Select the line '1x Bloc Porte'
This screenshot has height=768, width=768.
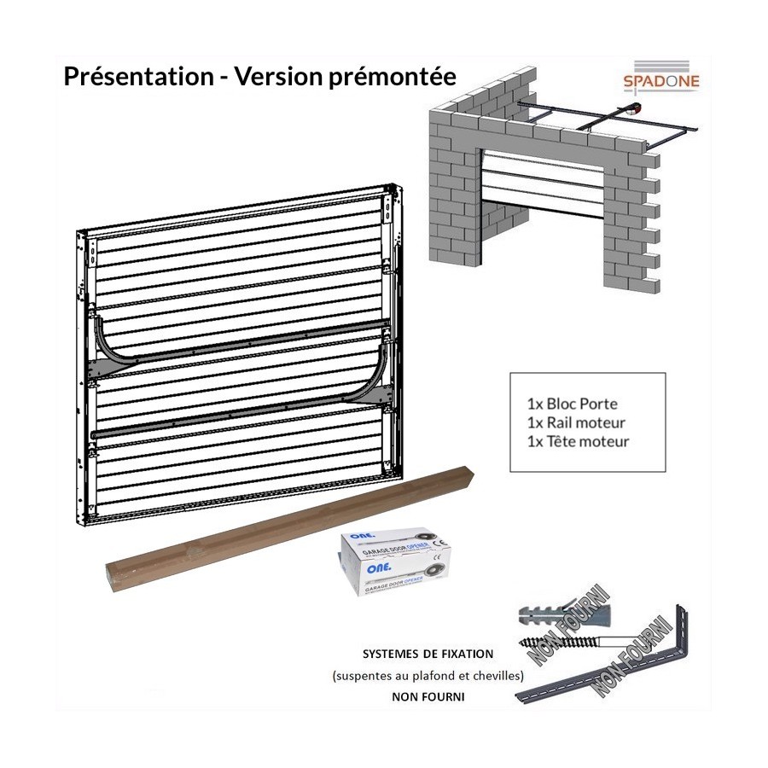572,402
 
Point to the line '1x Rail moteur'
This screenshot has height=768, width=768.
576,422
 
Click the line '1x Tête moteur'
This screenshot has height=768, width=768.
578,441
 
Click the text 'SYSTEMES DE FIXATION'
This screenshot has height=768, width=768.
428,655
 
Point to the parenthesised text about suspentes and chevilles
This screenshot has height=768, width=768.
428,676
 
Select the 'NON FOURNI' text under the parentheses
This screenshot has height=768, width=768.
428,696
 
